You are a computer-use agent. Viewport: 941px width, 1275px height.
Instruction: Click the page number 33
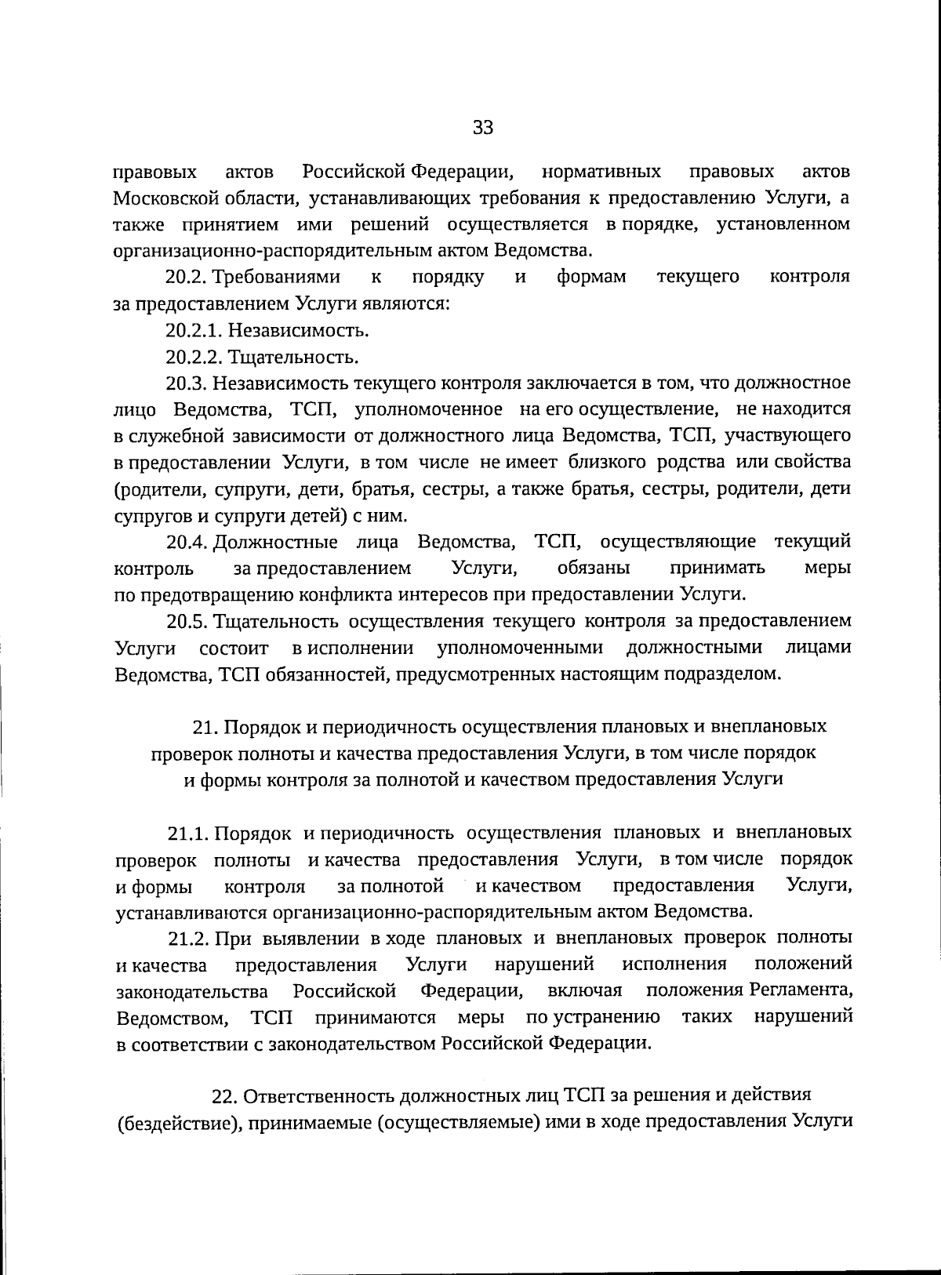coord(483,128)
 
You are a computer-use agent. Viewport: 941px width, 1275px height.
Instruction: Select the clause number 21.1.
coord(187,833)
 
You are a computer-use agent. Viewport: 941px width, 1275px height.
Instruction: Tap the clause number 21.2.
coord(187,939)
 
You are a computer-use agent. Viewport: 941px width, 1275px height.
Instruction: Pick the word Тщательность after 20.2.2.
coord(293,358)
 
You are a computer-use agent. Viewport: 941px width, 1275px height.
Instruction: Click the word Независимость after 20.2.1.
coord(299,331)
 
